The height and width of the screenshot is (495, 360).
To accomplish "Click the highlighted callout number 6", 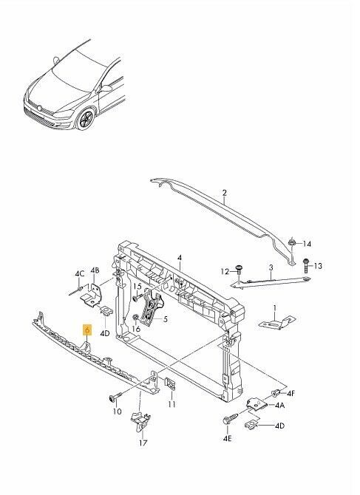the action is click(87, 330).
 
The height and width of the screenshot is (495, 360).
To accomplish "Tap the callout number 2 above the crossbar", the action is click(225, 193).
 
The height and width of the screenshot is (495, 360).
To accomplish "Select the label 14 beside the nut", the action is click(307, 244).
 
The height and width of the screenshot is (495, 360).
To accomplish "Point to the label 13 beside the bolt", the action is click(318, 266).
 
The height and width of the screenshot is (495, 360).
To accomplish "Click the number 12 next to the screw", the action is click(225, 271).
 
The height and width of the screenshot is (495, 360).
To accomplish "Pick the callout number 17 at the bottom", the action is click(143, 443).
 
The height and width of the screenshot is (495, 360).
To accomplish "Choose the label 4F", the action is click(291, 393).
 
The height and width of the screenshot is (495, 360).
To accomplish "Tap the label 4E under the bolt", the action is click(228, 439).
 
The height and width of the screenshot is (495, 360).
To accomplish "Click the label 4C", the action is click(80, 273).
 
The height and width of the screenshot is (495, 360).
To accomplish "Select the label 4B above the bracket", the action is click(95, 270).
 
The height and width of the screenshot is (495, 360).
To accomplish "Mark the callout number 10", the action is click(117, 412).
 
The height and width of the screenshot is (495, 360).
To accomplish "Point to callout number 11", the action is click(171, 404).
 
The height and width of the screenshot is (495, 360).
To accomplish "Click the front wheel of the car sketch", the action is click(86, 120).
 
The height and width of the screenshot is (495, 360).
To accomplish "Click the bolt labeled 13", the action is click(306, 266).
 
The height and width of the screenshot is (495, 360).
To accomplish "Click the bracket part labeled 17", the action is click(140, 420).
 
